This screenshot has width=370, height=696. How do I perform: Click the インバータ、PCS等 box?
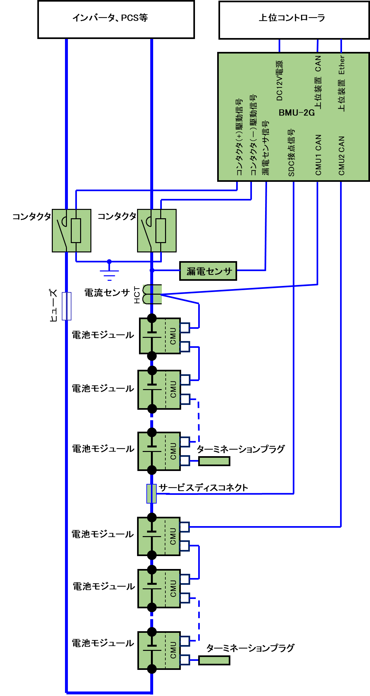click(116, 20)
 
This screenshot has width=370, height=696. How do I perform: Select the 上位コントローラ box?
click(294, 20)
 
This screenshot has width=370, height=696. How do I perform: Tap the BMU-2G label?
click(297, 113)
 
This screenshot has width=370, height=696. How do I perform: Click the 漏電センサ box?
click(208, 271)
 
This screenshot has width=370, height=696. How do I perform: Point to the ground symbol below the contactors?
click(109, 271)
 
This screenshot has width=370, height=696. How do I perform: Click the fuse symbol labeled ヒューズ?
click(67, 306)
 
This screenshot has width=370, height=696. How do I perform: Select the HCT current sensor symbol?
click(152, 294)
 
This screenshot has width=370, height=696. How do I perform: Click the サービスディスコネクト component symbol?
click(152, 493)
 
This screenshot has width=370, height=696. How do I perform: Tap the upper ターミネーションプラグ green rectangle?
click(214, 461)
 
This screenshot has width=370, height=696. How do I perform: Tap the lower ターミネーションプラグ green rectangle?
click(214, 660)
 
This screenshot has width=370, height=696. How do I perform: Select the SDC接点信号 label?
click(291, 152)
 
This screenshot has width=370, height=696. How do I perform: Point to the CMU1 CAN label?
click(318, 155)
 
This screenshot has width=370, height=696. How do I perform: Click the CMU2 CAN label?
click(341, 155)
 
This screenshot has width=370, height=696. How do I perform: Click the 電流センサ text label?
click(107, 293)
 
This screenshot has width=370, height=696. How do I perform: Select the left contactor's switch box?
click(71, 230)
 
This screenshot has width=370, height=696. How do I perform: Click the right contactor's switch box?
click(157, 230)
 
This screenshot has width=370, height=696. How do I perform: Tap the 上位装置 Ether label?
click(341, 83)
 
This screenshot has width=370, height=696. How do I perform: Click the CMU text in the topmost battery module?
click(173, 336)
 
